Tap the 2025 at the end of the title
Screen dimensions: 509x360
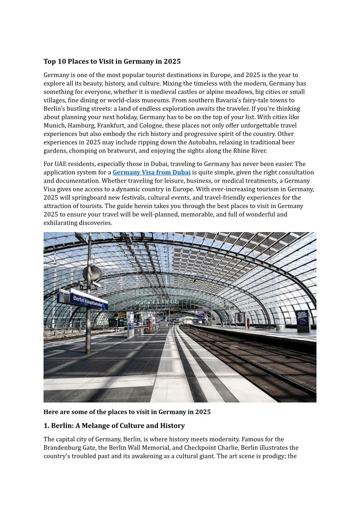point(172,62)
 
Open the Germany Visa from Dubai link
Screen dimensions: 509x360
point(151,173)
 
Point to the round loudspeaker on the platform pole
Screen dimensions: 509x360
point(92,273)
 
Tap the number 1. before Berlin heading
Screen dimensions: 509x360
point(46,426)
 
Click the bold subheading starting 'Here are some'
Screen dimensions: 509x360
point(127,412)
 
